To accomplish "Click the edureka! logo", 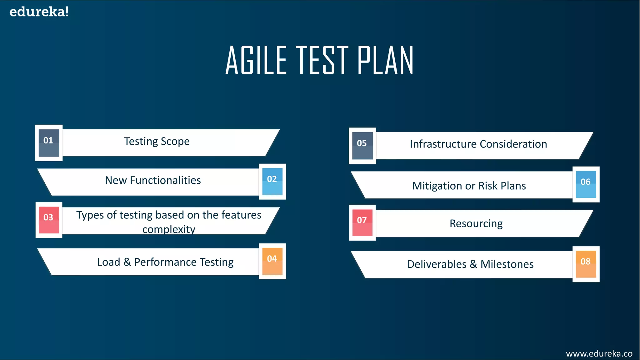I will click(39, 12).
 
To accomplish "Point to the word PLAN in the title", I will click(385, 60).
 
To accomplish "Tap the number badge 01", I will click(49, 143).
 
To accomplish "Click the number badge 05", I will click(362, 146).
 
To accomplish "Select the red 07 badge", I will click(362, 223).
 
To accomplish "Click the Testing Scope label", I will click(157, 142).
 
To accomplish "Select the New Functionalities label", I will click(153, 180).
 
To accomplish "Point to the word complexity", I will click(169, 229).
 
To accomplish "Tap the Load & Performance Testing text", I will click(165, 262).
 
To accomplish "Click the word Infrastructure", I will click(443, 144).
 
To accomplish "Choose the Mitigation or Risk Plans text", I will click(469, 186).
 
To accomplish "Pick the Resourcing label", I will click(476, 224).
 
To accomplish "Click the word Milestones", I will click(507, 264).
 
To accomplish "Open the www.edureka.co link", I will click(599, 353).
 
